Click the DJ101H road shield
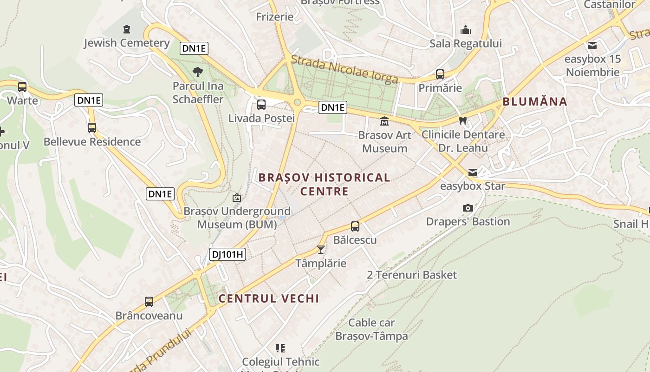tap(227, 254)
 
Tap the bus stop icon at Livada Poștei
tap(261, 105)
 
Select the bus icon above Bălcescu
tap(355, 226)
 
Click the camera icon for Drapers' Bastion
tap(468, 208)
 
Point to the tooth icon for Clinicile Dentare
tap(462, 120)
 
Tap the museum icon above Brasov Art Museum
tap(384, 121)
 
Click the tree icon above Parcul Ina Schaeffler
tap(198, 72)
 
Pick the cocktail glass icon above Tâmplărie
tap(321, 250)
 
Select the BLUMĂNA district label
tap(535, 102)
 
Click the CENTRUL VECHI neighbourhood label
tap(269, 299)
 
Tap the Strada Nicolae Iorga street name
tap(344, 69)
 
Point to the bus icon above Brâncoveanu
tap(149, 302)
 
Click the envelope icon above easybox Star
tap(473, 173)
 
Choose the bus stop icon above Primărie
tap(440, 74)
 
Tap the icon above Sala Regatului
tap(466, 30)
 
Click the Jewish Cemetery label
tap(127, 43)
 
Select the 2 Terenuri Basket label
tap(412, 275)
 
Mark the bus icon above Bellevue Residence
tap(92, 128)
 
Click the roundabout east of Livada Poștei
tap(298, 102)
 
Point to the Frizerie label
tap(275, 17)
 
